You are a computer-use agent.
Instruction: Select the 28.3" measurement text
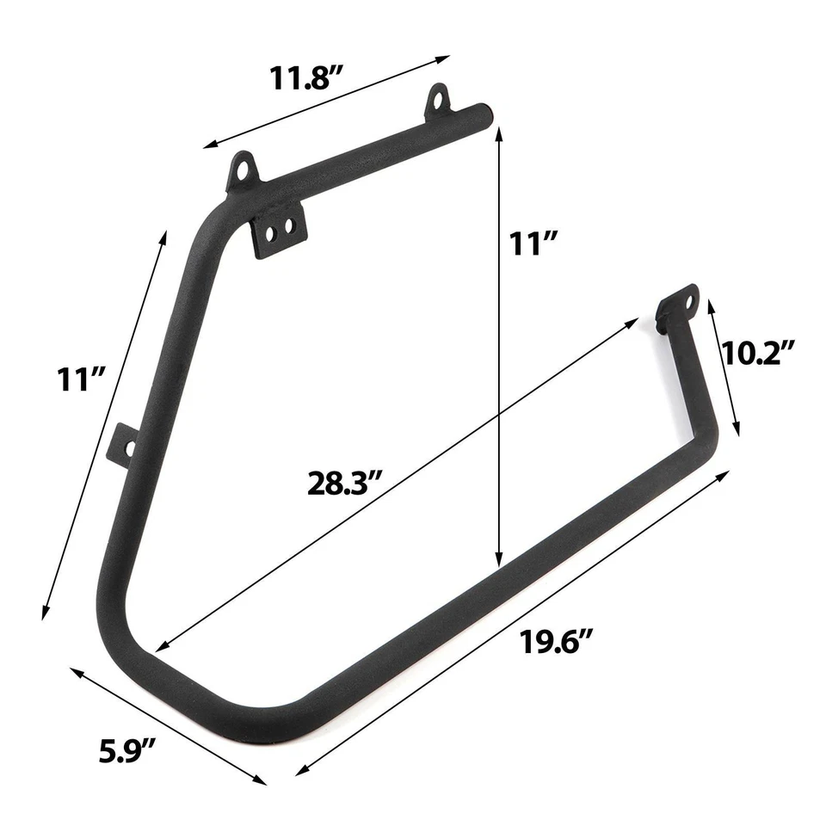(345, 483)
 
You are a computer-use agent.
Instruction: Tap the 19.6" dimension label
(558, 641)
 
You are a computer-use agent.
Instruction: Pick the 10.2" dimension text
(757, 353)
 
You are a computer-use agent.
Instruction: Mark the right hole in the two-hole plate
(289, 227)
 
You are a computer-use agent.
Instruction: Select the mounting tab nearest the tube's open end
(438, 101)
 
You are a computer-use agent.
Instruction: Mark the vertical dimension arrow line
(499, 344)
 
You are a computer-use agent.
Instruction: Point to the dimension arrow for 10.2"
(723, 366)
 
